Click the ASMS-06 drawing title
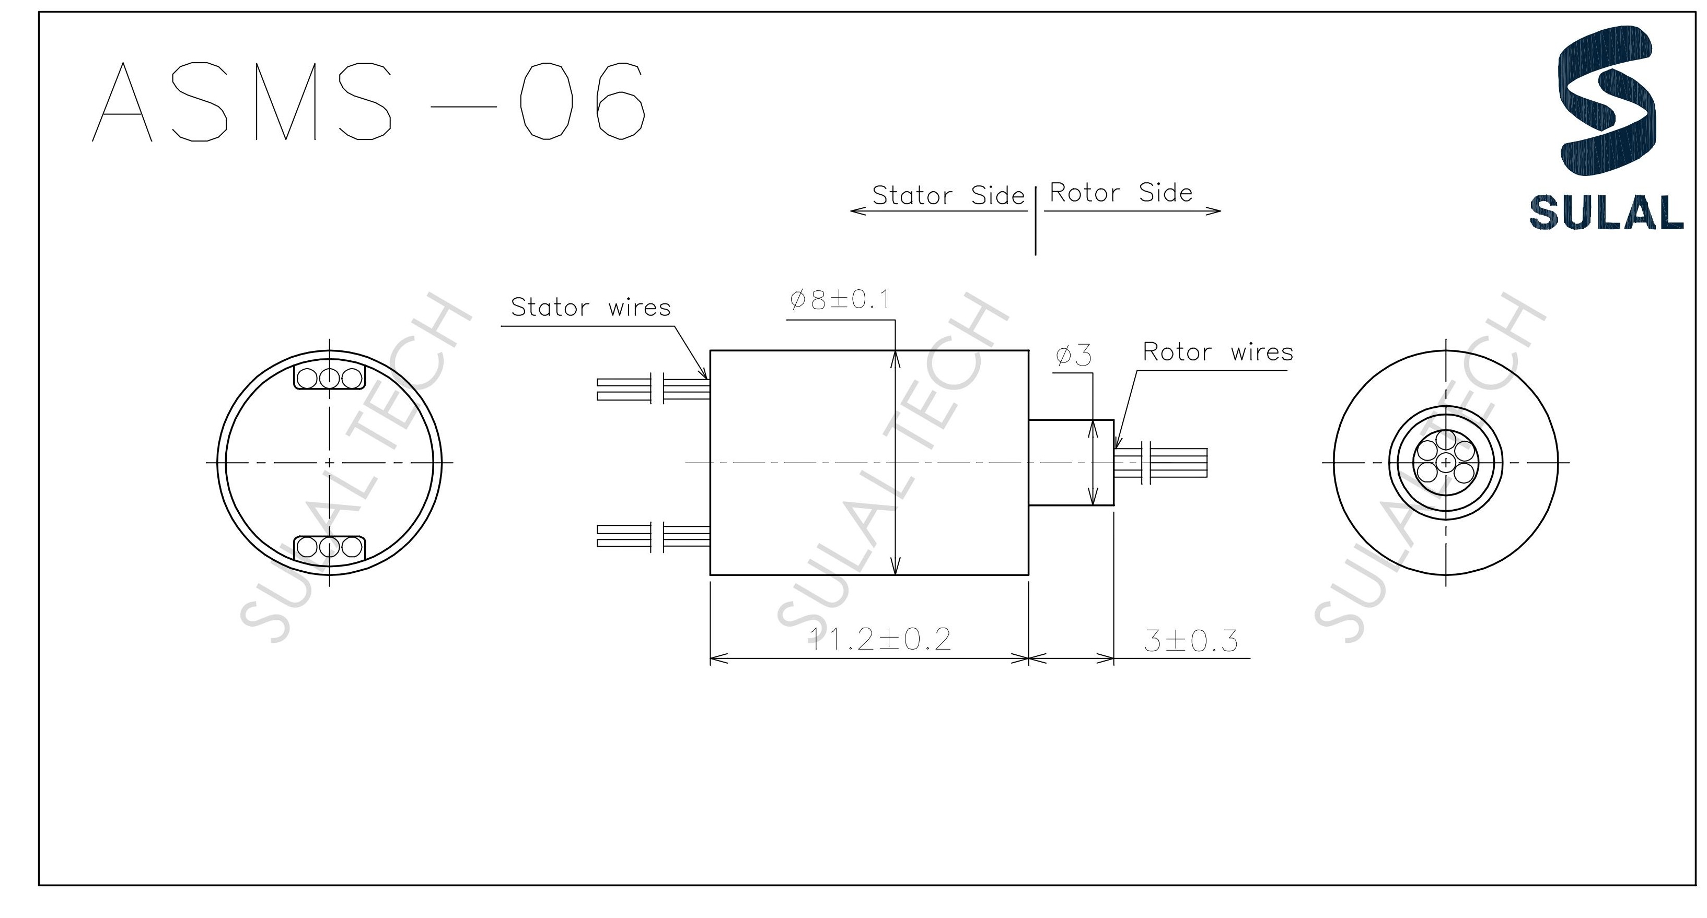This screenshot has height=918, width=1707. (368, 101)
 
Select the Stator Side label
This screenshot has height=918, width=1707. (948, 195)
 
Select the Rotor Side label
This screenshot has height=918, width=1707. (1121, 193)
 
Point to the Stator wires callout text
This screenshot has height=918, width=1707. (590, 308)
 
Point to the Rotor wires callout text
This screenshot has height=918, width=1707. (1218, 352)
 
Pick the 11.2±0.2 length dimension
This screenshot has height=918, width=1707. (880, 639)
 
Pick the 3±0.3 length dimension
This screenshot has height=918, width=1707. (1191, 641)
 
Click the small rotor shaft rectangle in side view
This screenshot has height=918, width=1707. (1070, 462)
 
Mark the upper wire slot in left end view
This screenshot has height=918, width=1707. (329, 378)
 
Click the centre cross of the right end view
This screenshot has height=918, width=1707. (1445, 462)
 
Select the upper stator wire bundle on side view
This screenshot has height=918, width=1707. (653, 389)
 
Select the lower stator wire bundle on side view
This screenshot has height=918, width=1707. (653, 536)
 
